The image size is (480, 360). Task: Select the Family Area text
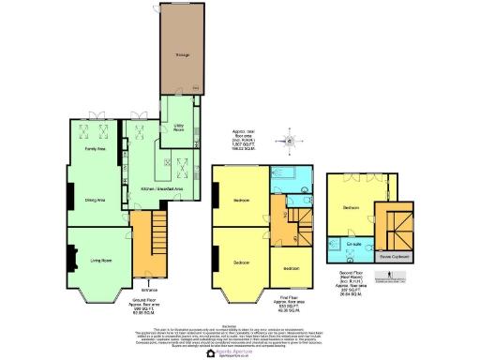pos(95,148)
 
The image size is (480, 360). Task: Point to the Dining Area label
pos(95,199)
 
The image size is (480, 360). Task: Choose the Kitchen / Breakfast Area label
pos(159,188)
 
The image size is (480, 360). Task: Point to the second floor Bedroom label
pos(352,206)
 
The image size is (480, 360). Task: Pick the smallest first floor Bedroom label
pos(291,267)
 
